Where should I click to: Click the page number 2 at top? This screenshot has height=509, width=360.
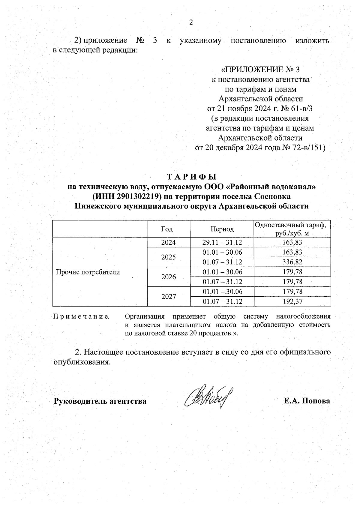(x=190, y=22)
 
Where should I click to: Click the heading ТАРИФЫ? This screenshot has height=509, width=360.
(x=191, y=177)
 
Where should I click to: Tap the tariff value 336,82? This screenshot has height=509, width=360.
(x=292, y=262)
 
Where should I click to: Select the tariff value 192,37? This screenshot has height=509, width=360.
(x=292, y=301)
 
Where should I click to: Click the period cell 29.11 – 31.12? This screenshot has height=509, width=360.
(x=222, y=242)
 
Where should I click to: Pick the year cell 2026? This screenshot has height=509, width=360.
(x=169, y=277)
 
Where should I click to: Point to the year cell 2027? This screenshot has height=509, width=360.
(x=169, y=297)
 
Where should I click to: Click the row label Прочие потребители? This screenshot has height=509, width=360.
(x=88, y=272)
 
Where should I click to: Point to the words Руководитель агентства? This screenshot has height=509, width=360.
(x=100, y=401)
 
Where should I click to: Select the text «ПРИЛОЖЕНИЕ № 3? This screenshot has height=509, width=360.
(x=260, y=70)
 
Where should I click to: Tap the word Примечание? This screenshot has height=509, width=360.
(x=81, y=317)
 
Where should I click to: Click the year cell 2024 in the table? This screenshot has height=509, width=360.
(x=169, y=242)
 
